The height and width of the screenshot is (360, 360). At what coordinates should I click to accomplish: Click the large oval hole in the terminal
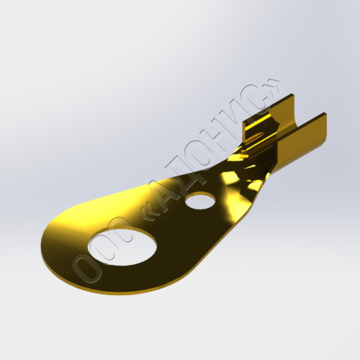click(x=122, y=247)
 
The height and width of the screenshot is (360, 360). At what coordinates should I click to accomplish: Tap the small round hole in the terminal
click(x=201, y=201)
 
